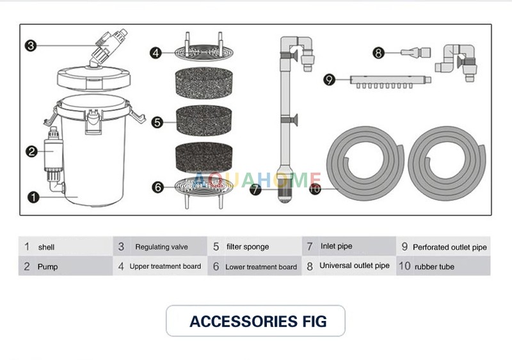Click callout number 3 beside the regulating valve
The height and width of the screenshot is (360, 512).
31,45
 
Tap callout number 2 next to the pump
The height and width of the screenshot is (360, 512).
31,152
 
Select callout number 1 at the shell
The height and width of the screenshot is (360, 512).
33,196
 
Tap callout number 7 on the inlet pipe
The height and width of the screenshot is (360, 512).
255,189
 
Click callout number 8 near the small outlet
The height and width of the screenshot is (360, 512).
378,53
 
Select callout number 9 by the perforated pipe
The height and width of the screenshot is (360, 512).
329,80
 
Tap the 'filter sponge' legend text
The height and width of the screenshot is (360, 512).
248,247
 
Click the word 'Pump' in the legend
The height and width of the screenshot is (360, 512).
48,267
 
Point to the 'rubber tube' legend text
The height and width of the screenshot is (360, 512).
435,267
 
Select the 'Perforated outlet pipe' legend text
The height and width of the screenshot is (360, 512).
449,247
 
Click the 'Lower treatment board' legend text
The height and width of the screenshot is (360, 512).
261,267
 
